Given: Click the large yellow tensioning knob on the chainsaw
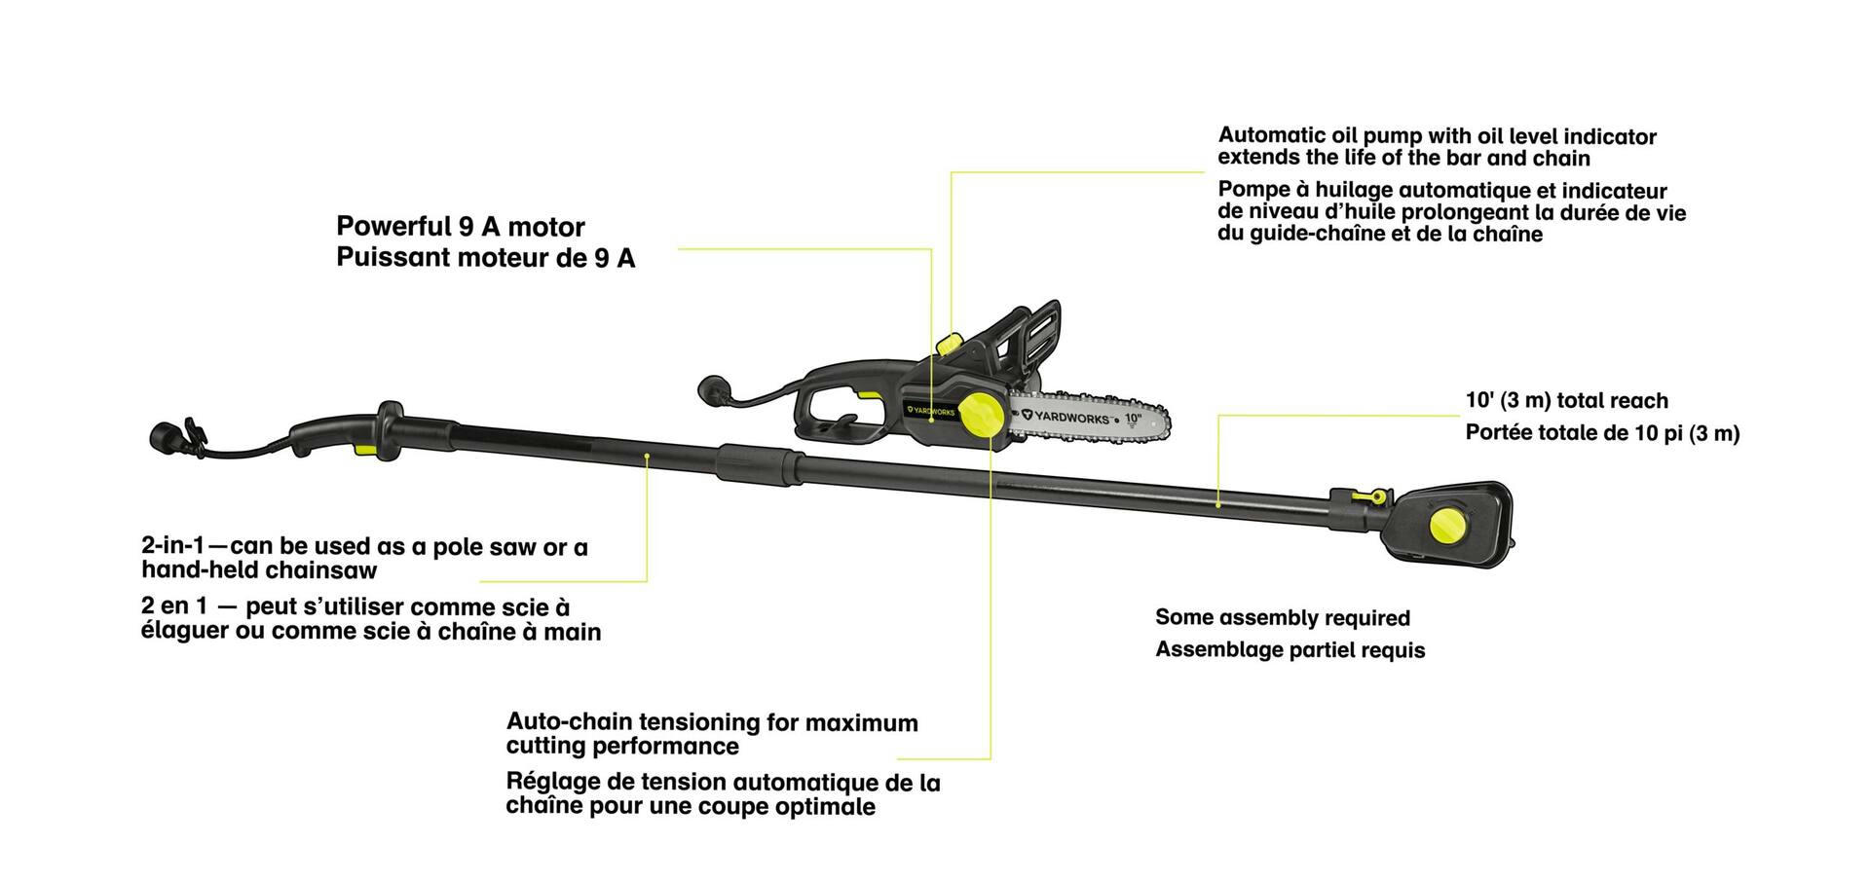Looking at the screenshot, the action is click(x=982, y=415).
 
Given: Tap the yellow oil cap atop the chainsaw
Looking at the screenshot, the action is click(x=949, y=344).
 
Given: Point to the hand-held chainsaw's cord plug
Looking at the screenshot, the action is click(x=716, y=389).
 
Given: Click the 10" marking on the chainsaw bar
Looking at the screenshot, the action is click(x=1132, y=419).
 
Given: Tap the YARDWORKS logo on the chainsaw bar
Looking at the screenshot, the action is click(x=1066, y=417).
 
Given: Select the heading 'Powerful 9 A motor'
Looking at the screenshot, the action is click(x=461, y=227).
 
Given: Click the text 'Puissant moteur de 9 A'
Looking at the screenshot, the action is click(x=486, y=258).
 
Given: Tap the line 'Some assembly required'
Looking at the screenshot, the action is click(x=1283, y=618).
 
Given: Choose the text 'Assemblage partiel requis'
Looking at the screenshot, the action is click(x=1290, y=650).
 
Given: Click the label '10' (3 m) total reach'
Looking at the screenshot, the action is click(x=1567, y=401).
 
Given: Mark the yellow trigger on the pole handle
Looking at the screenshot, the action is click(x=362, y=449).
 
